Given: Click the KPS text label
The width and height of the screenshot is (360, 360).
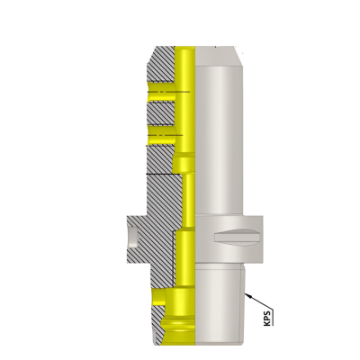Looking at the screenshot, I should (267, 316).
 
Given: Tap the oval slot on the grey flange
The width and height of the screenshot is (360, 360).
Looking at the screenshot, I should (237, 238).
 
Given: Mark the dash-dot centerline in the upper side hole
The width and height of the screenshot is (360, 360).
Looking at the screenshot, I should (166, 90).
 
